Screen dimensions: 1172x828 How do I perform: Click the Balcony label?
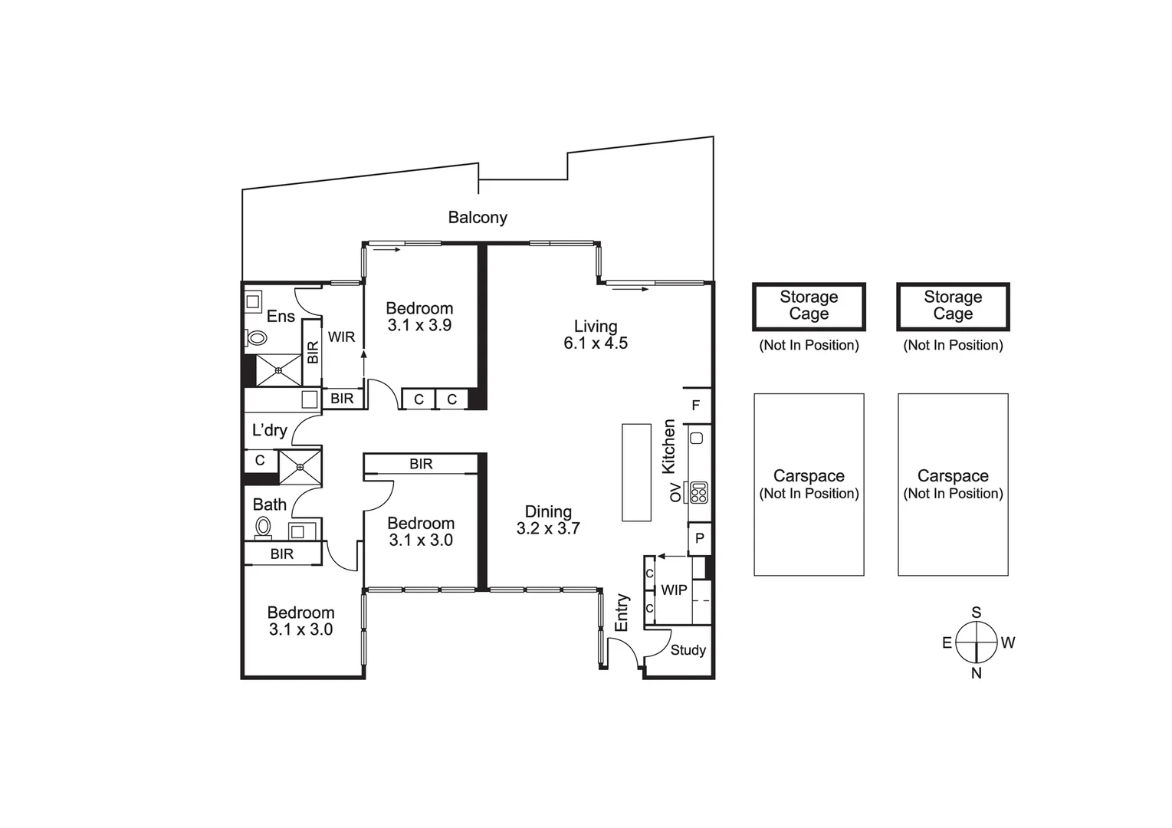478,217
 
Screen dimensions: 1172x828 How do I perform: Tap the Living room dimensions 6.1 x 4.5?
596,343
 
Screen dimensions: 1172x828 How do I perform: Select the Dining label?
548,511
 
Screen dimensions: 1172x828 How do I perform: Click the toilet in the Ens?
256,337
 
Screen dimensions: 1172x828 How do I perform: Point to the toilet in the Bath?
263,527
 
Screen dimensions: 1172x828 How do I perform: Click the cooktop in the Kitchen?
699,492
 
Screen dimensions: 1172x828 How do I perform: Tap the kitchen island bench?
636,472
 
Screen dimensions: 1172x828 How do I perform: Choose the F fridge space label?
695,405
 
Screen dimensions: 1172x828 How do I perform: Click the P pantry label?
700,538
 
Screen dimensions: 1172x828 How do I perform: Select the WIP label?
674,590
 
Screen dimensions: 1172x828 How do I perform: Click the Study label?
688,650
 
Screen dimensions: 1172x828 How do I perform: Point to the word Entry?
621,613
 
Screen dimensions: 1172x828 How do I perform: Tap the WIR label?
341,337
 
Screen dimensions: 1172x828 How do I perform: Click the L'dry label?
270,430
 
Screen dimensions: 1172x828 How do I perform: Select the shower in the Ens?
278,370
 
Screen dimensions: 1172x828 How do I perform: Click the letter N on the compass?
977,674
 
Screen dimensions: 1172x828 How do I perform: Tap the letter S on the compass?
977,612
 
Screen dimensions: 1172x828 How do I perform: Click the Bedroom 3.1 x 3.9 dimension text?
419,325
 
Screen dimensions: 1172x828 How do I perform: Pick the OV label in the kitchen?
675,492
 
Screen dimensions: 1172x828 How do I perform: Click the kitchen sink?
697,438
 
